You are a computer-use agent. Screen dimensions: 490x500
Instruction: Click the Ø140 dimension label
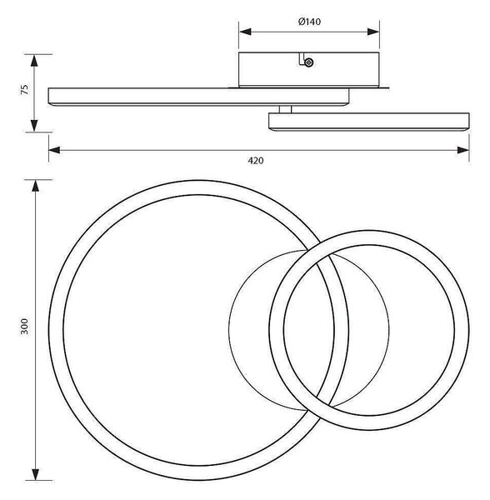(309, 22)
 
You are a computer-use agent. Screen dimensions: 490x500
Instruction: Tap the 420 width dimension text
(256, 161)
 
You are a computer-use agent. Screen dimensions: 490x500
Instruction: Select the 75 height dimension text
(24, 89)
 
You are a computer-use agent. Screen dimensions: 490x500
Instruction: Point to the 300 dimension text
(24, 326)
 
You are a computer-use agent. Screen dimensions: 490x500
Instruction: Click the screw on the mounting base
(308, 62)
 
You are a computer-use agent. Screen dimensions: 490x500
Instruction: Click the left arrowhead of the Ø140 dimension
(245, 32)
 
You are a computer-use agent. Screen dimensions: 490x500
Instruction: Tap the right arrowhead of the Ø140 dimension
(373, 32)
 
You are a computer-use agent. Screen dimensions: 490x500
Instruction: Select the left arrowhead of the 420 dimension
(54, 150)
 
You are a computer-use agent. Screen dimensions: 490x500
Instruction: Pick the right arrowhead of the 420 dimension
(462, 150)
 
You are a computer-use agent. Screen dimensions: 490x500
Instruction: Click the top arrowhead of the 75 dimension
(34, 61)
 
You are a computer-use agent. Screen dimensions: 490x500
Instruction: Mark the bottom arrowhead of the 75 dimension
(34, 126)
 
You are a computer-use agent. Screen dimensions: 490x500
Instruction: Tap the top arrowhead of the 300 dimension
(36, 186)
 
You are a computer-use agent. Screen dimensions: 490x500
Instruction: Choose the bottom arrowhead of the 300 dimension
(36, 474)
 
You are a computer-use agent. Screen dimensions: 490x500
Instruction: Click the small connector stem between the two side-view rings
(285, 109)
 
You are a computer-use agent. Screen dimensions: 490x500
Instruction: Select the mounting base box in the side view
(309, 69)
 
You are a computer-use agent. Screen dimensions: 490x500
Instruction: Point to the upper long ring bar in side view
(198, 97)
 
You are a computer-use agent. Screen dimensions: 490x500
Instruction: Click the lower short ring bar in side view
(369, 122)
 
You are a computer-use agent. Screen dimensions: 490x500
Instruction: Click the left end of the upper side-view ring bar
(48, 96)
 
